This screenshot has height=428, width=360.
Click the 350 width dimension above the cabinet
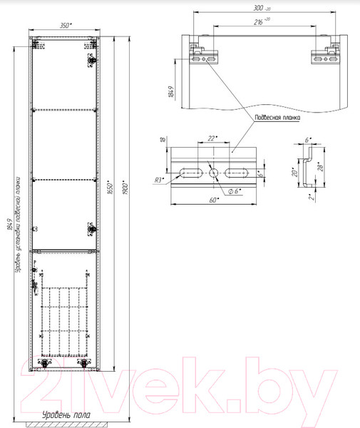click(x=65, y=24)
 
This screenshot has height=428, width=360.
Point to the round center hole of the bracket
click(x=213, y=172)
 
